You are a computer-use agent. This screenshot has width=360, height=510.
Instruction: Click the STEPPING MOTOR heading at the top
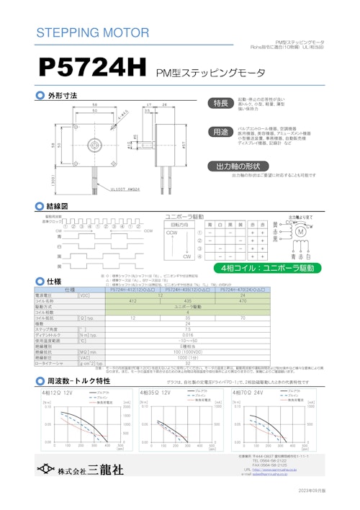coord(92,33)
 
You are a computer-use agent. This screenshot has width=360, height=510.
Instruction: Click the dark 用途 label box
coord(219,133)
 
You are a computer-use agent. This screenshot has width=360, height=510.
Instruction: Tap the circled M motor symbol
coord(301,231)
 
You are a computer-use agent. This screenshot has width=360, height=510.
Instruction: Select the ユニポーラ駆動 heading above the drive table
coord(185,215)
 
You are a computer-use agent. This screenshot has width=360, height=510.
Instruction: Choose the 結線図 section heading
coord(57,206)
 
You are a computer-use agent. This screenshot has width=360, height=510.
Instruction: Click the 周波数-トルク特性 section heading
coord(78,380)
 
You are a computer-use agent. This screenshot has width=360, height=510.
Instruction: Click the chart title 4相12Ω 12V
coord(58,393)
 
